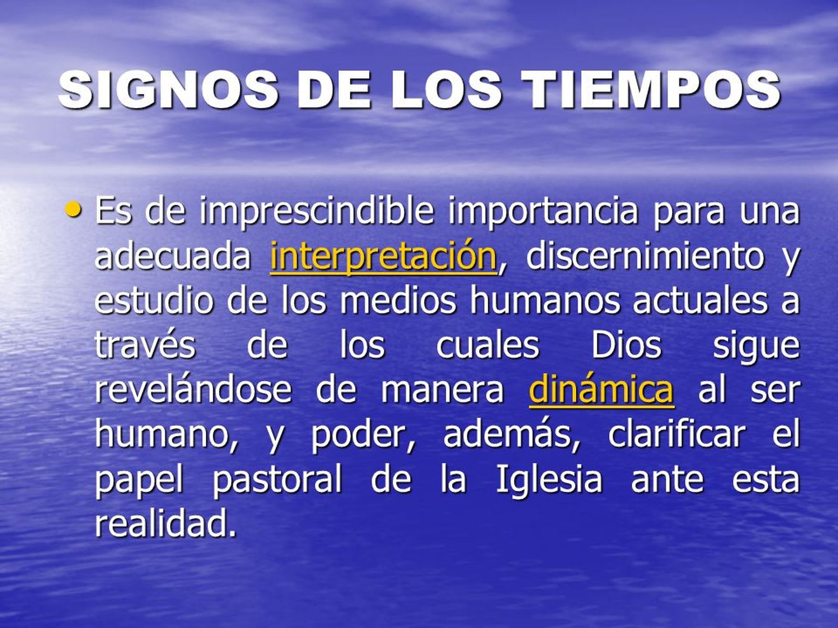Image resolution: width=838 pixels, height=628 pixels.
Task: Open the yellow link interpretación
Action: [383, 256]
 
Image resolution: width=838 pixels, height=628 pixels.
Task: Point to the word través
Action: [145, 345]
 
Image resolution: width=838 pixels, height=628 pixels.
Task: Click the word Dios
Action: [626, 345]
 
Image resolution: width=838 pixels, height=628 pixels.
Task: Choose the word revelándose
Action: [193, 390]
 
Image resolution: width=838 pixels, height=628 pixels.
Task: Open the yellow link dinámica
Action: [601, 390]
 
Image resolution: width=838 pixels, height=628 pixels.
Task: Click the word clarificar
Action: [676, 434]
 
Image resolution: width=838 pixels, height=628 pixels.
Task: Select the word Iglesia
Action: [548, 480]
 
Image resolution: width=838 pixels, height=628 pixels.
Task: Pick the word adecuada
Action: [173, 256]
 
